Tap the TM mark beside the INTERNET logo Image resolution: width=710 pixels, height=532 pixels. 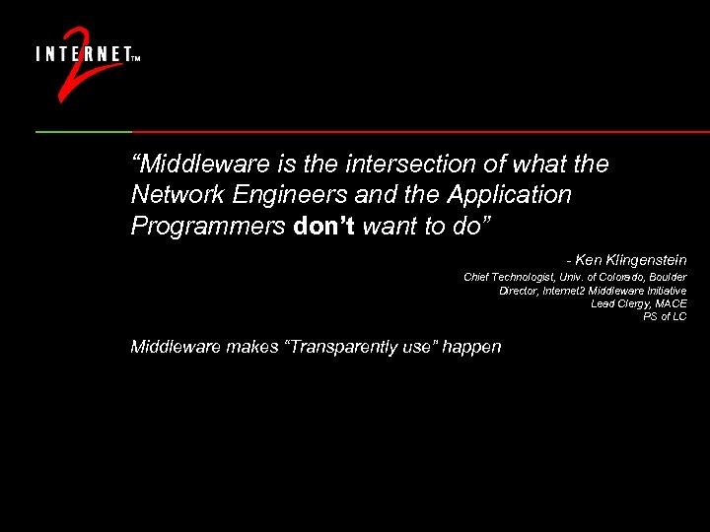(x=135, y=58)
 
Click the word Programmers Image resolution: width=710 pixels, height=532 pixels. (x=207, y=227)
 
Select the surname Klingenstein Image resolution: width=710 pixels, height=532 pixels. (x=646, y=260)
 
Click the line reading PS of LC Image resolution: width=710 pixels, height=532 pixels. (x=665, y=316)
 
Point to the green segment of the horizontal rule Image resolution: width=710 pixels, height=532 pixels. (x=84, y=131)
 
